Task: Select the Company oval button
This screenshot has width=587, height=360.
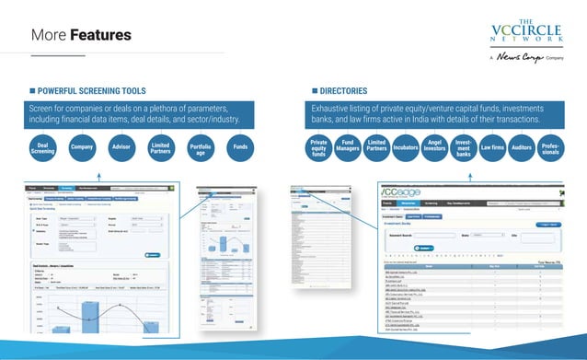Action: tap(83, 147)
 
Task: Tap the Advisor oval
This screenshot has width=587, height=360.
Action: tap(121, 147)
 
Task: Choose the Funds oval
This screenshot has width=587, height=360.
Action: tap(241, 147)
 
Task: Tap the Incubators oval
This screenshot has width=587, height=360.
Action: tap(406, 147)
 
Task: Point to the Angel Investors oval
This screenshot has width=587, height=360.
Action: tap(435, 146)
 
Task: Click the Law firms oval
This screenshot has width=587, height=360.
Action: tap(492, 147)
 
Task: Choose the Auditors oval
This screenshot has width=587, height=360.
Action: tap(522, 147)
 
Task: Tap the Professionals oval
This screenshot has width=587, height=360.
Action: tap(550, 148)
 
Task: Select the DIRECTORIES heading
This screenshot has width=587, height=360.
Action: tap(343, 91)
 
